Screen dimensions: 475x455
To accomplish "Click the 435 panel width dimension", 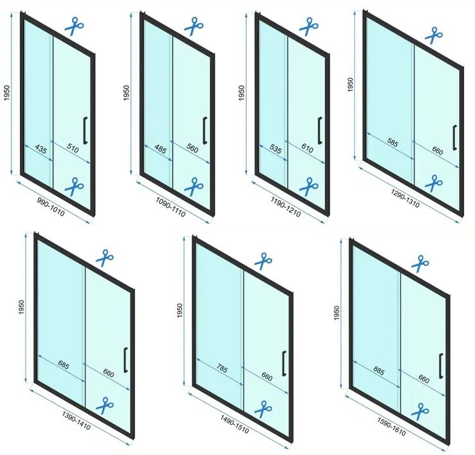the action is point(41,149).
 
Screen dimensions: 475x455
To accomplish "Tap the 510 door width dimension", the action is point(73,149).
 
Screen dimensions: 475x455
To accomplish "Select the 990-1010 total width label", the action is point(51,207).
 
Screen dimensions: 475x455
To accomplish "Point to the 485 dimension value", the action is point(160,149).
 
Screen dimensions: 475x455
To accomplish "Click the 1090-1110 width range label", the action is point(171,206).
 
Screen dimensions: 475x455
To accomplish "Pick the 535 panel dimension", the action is point(275,149).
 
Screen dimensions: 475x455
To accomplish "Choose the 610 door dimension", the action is point(307,148).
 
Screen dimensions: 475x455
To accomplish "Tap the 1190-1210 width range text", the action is point(286,207).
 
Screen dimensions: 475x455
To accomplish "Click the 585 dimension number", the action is point(393,142).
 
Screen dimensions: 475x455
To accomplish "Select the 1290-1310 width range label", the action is point(405,199).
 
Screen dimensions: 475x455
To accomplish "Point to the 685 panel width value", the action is point(63,365).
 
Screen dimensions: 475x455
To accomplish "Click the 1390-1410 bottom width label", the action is point(76,420).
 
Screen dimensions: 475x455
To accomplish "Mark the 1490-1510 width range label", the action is point(234,424).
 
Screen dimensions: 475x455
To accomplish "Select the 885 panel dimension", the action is point(379,370).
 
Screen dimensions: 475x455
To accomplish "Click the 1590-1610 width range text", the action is point(392,427).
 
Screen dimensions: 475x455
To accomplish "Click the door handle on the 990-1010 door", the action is point(85,130).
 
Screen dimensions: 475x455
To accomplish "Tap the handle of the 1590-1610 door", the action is point(441,366).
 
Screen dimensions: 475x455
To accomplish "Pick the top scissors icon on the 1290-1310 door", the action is point(433,35).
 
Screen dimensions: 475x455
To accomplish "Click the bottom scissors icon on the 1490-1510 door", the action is point(263,409).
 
